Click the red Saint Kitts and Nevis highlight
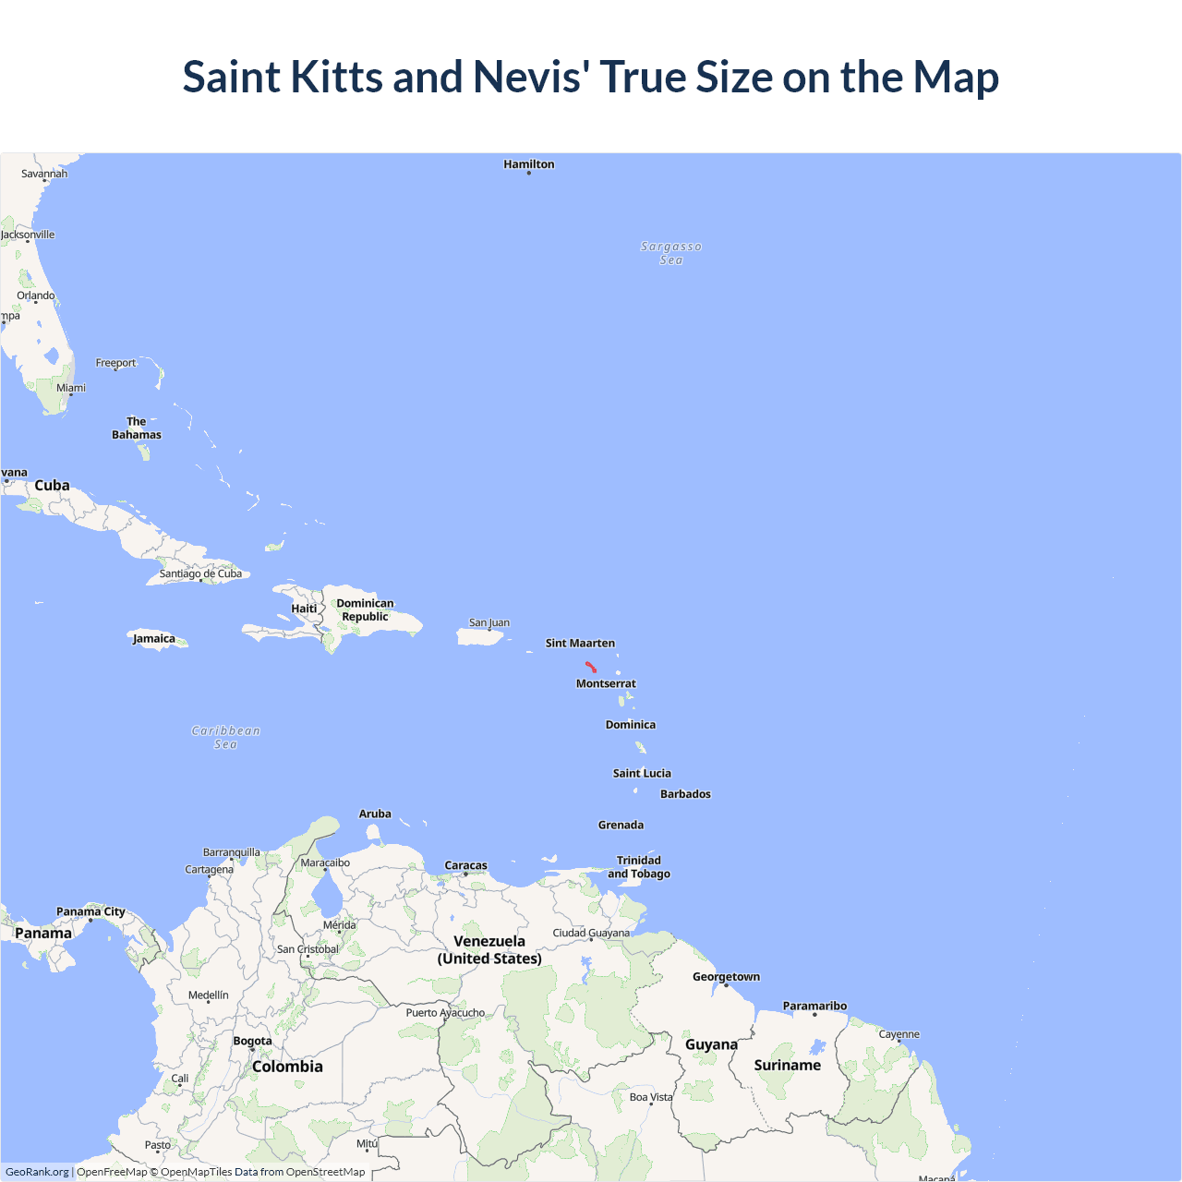point(591,667)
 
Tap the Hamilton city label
point(529,164)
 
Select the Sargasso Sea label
point(671,253)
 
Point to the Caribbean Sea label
point(226,737)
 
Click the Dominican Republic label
point(365,609)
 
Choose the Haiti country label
point(304,609)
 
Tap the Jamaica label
point(154,638)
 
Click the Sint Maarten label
point(580,643)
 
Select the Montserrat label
point(606,683)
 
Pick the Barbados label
point(685,794)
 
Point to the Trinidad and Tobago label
point(639,867)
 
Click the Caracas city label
point(465,865)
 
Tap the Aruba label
point(375,814)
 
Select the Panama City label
point(90,911)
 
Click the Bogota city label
point(252,1041)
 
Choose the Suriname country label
point(787,1065)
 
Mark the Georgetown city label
point(726,976)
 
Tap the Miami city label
point(71,388)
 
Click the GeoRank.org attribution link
point(37,1172)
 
